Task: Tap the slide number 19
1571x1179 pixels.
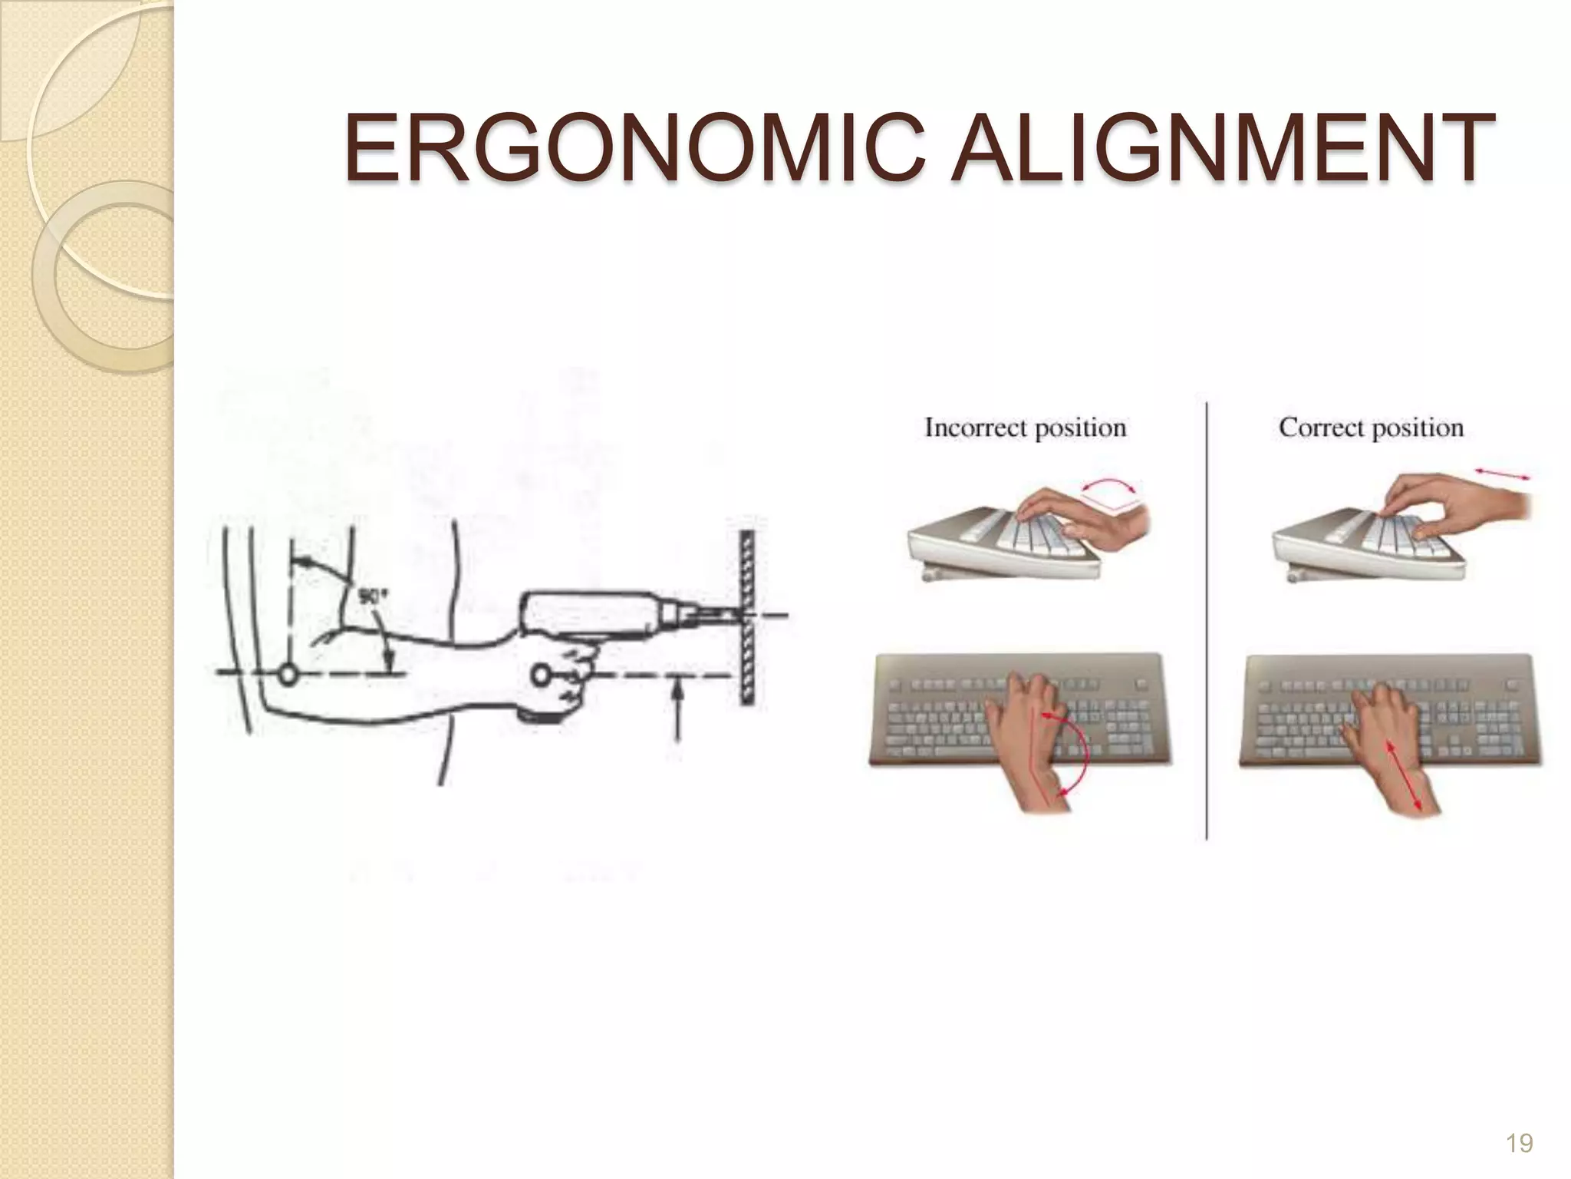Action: [1519, 1144]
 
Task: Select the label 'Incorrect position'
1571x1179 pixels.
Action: [1025, 428]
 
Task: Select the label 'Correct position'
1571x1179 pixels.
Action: [1371, 428]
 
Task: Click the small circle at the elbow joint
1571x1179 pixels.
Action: [288, 675]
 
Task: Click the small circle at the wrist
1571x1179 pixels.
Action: [541, 675]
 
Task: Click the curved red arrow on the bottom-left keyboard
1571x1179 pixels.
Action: [1072, 752]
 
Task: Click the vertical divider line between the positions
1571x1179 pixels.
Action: [1207, 622]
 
